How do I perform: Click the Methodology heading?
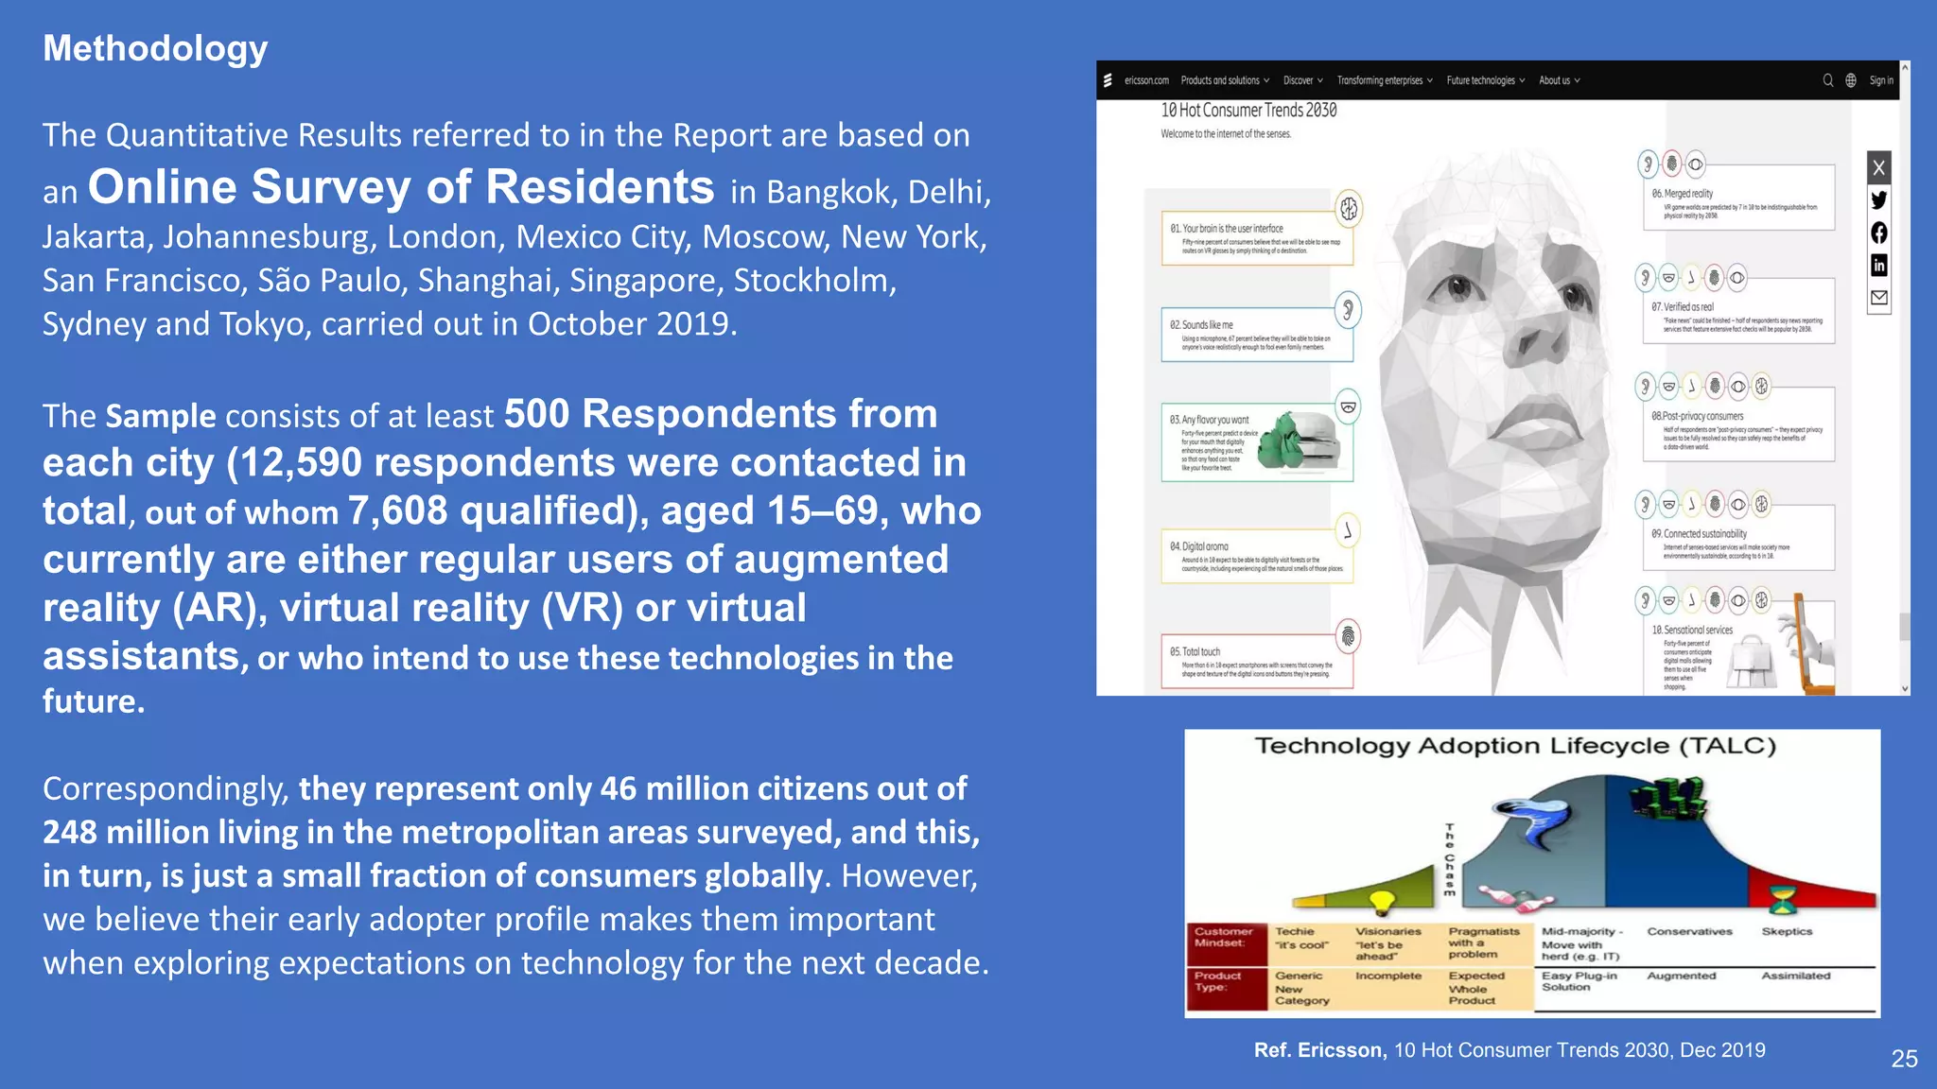tap(155, 48)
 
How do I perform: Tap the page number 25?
tap(1904, 1059)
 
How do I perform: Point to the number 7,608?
tap(398, 511)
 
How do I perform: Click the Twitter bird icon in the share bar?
tap(1879, 199)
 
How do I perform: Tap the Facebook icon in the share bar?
tap(1879, 233)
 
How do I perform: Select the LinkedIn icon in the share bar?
tap(1879, 266)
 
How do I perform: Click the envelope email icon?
tap(1879, 298)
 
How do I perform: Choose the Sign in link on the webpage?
tap(1881, 80)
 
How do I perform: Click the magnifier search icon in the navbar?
tap(1828, 80)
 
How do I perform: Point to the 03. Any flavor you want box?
tap(1257, 443)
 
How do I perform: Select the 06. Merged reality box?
tap(1738, 198)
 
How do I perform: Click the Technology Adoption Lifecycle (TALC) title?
tap(1515, 746)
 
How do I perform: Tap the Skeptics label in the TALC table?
tap(1787, 931)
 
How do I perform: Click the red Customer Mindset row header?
tap(1224, 937)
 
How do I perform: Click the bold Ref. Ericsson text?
tap(1319, 1050)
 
